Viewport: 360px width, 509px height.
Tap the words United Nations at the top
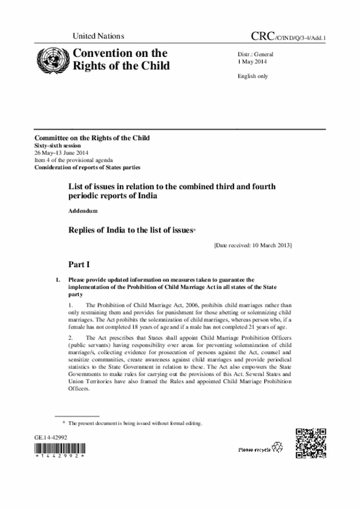tap(98, 36)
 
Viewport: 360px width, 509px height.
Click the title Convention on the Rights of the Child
tap(118, 59)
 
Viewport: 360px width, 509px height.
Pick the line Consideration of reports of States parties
tap(87, 166)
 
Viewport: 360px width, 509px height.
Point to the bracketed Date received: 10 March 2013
tap(253, 245)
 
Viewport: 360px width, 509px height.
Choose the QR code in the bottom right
tap(310, 444)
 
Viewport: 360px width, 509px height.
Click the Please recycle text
tap(254, 449)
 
